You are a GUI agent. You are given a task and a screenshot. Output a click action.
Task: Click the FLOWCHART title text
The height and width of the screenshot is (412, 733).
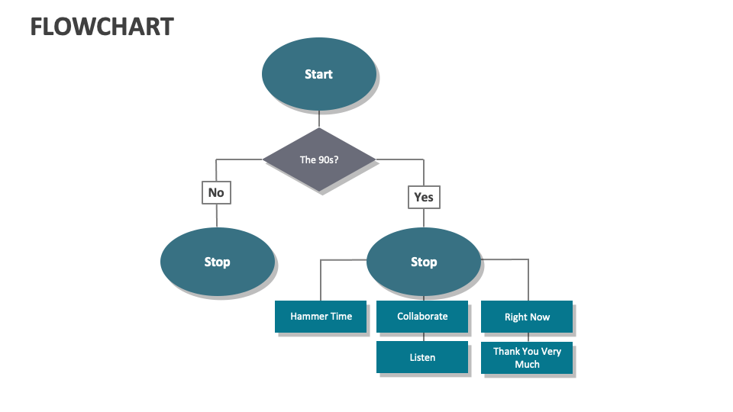[x=102, y=27]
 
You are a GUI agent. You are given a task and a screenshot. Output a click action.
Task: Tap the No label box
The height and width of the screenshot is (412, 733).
[x=216, y=192]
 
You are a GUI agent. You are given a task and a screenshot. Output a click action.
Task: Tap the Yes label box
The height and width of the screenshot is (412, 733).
[x=424, y=197]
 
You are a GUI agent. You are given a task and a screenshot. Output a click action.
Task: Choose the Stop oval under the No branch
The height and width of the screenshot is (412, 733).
[x=217, y=262]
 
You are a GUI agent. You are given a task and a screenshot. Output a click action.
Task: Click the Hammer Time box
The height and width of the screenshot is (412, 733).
[x=321, y=316]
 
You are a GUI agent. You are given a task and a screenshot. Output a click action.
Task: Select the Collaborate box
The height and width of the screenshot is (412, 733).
[x=422, y=316]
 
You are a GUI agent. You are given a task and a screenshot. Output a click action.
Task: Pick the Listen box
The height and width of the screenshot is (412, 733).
[x=422, y=357]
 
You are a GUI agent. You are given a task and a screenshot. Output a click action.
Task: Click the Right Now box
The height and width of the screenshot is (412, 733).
[x=527, y=317]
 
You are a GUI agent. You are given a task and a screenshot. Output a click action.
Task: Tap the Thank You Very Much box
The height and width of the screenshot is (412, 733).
[x=527, y=358]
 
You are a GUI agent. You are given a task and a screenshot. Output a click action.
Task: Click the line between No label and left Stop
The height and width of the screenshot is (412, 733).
[x=216, y=216]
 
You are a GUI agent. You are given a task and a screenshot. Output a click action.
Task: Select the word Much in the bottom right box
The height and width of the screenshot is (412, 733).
[x=527, y=365]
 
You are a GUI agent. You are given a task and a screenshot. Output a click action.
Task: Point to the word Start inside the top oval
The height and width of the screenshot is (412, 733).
[x=318, y=74]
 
